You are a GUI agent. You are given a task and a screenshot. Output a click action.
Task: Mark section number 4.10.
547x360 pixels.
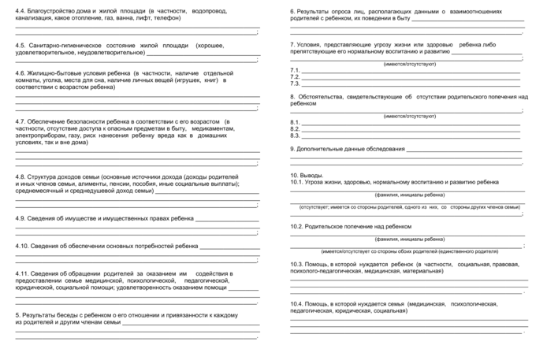point(23,245)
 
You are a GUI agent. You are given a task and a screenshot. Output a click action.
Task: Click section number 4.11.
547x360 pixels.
point(23,273)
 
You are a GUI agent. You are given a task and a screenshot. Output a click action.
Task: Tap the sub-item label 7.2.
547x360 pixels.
point(296,76)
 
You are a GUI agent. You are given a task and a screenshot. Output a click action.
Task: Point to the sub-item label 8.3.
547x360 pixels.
point(296,135)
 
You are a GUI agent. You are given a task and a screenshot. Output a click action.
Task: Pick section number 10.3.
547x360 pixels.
point(297,264)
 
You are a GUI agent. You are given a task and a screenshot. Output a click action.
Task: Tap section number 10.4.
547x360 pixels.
point(297,303)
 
